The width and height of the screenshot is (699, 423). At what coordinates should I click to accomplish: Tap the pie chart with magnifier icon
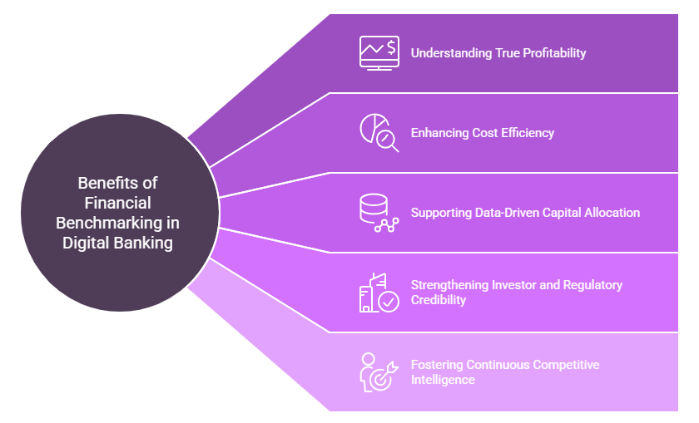coord(379,132)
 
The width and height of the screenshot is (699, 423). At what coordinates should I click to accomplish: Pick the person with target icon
coord(378,371)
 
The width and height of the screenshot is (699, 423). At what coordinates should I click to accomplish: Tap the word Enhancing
coord(439,133)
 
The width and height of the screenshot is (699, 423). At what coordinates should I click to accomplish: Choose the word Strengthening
coord(449,285)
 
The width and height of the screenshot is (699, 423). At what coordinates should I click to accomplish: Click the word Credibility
coord(439,300)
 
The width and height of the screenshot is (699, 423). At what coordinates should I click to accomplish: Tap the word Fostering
coord(437,365)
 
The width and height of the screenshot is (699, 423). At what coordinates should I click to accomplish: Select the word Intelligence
coord(443,380)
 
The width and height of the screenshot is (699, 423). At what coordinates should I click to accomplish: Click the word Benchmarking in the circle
coord(117,223)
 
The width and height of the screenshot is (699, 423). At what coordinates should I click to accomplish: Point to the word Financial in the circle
coord(117,203)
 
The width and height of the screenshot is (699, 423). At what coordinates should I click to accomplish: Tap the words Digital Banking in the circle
coord(117,243)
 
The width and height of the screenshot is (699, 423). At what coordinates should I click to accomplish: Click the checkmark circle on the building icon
coord(388,301)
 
